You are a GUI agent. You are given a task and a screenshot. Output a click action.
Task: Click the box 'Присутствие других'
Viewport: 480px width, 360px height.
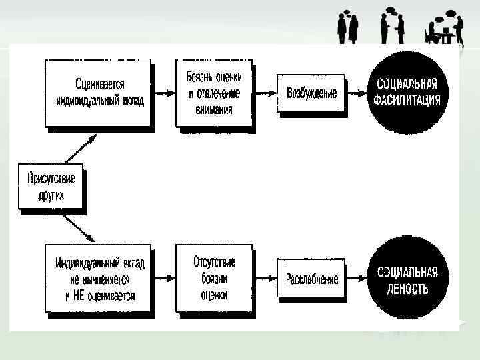tap(51, 187)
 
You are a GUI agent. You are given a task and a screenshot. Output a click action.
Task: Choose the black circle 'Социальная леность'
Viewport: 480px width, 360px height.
tap(407, 279)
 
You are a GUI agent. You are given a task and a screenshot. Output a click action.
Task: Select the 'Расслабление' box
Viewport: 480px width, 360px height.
tap(311, 279)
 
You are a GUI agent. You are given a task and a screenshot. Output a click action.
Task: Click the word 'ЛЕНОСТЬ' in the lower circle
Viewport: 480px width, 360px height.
tap(407, 289)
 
